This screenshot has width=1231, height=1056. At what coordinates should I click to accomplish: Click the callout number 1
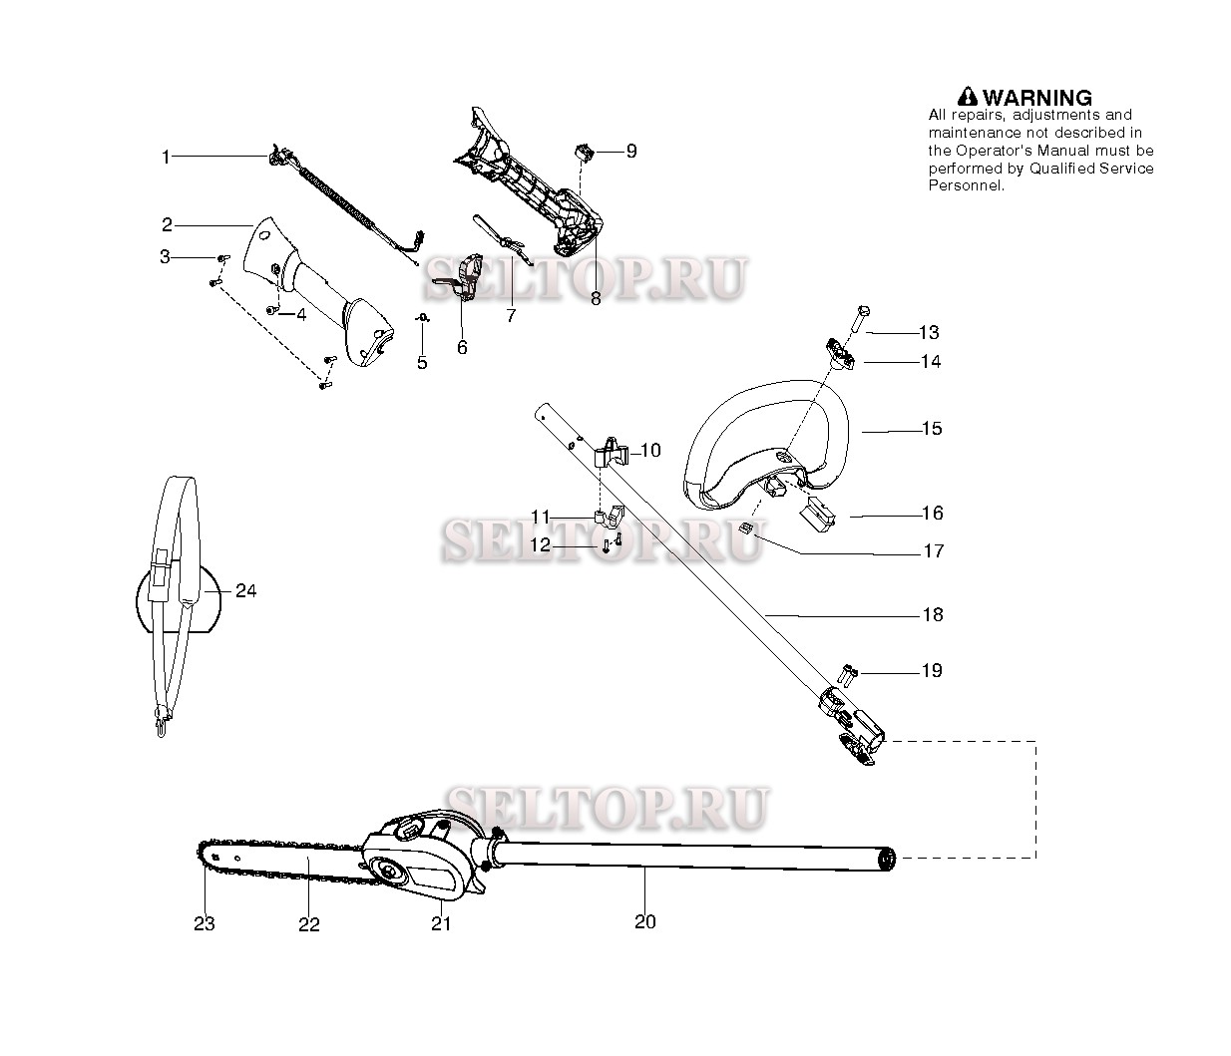pos(167,158)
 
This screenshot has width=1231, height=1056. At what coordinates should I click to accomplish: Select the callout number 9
pos(631,152)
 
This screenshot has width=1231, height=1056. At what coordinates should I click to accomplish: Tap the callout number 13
pos(929,332)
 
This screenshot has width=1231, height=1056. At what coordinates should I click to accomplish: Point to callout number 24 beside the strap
pos(246,591)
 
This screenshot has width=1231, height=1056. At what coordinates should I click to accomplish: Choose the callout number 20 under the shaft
pos(645,922)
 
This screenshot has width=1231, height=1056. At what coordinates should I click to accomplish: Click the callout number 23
pos(205,923)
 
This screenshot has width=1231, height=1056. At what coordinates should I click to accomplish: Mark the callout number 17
pos(933,551)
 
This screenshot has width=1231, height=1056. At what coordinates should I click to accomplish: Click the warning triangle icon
pos(968,97)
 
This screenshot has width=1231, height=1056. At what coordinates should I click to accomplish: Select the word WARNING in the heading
pos(1037,97)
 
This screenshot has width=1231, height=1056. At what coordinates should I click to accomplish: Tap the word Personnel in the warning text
pos(965,185)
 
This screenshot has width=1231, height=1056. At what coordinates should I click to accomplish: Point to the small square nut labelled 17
pos(745,528)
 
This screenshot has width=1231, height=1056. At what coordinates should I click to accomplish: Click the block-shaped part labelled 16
pos(819,516)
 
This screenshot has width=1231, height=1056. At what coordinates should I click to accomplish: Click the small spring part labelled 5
pos(422,318)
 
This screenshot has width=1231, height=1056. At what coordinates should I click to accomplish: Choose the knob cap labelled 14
pos(839,354)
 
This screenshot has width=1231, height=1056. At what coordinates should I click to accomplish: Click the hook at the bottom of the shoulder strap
pos(162,722)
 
